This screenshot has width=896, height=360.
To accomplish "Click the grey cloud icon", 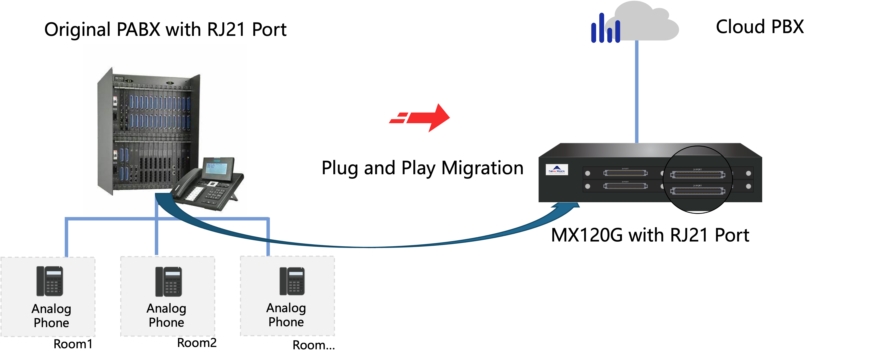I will [x=645, y=23].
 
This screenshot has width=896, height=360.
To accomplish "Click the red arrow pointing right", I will [x=423, y=118].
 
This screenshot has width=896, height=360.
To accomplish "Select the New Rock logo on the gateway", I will [x=556, y=170].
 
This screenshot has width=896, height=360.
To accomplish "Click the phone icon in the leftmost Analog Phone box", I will [x=50, y=281].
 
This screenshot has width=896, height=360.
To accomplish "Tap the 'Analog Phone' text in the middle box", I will [x=166, y=315].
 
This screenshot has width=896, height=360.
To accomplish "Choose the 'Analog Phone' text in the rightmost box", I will [x=286, y=315].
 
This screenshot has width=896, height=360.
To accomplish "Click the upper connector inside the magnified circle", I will [x=697, y=175].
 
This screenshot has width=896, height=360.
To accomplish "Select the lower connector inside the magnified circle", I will [x=697, y=191].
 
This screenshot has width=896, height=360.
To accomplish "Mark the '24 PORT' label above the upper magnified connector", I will [x=697, y=169].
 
